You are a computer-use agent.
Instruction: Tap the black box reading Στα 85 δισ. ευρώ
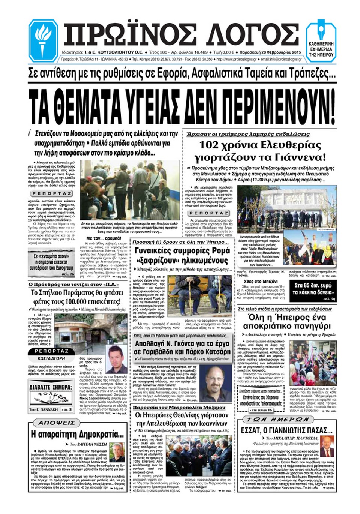(313, 289)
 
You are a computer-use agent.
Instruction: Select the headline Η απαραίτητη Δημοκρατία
(77, 435)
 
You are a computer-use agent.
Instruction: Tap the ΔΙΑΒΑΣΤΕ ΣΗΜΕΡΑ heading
(51, 387)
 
